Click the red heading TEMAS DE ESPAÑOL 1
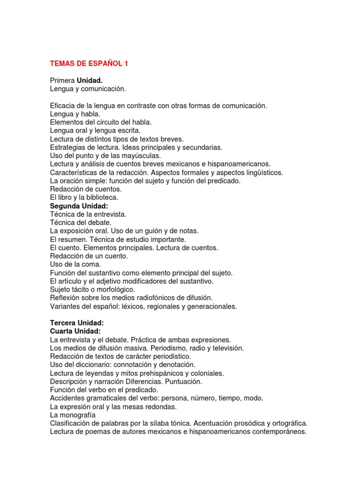pos(89,63)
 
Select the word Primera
pos(62,80)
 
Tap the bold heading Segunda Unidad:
pos(79,206)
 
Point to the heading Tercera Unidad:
pos(77,323)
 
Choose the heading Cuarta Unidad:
pos(75,331)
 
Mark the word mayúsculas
pos(140,156)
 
